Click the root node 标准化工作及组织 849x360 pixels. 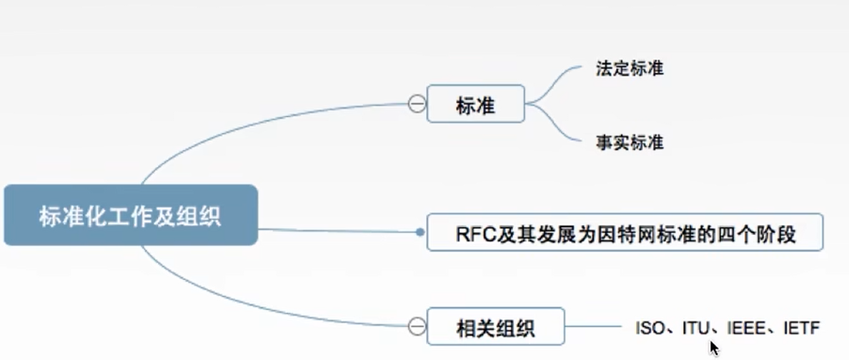click(130, 215)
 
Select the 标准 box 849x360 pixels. click(475, 104)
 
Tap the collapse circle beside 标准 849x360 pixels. click(417, 104)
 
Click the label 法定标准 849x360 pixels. click(629, 69)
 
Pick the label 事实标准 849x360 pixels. click(629, 142)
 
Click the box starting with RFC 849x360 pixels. click(625, 232)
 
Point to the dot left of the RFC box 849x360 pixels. click(420, 232)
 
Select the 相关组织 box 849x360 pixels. click(495, 328)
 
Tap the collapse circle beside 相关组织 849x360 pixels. click(417, 327)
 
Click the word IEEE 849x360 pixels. click(743, 329)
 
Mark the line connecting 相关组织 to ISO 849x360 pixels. click(593, 328)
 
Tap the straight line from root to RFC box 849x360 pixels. click(336, 231)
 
